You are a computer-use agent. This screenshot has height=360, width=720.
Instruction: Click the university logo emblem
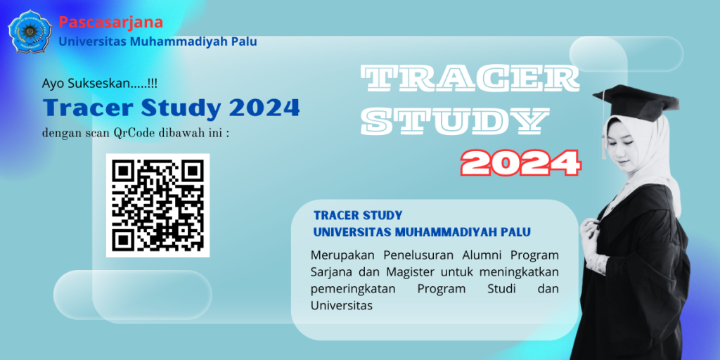30,31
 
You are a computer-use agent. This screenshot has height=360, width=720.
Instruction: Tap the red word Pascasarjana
110,22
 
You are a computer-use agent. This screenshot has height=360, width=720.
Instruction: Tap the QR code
158,205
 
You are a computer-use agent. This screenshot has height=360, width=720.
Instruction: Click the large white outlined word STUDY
455,121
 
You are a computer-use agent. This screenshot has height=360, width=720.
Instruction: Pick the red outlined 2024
521,163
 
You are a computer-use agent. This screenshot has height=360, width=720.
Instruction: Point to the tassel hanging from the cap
604,127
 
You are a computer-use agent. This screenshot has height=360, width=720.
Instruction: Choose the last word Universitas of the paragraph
341,305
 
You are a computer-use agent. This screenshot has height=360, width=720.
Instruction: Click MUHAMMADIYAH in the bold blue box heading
446,232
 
